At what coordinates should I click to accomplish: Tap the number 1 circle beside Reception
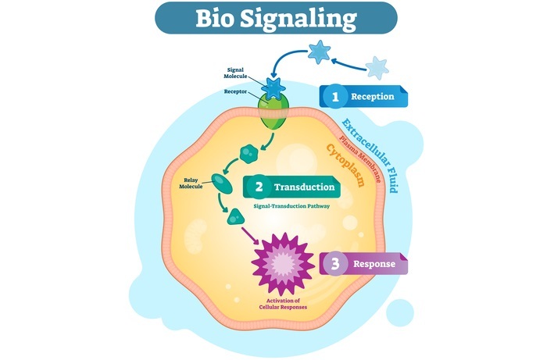[x=336, y=96]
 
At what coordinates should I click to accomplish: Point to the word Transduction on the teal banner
[x=302, y=187]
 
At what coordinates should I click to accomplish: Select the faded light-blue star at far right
[x=377, y=66]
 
